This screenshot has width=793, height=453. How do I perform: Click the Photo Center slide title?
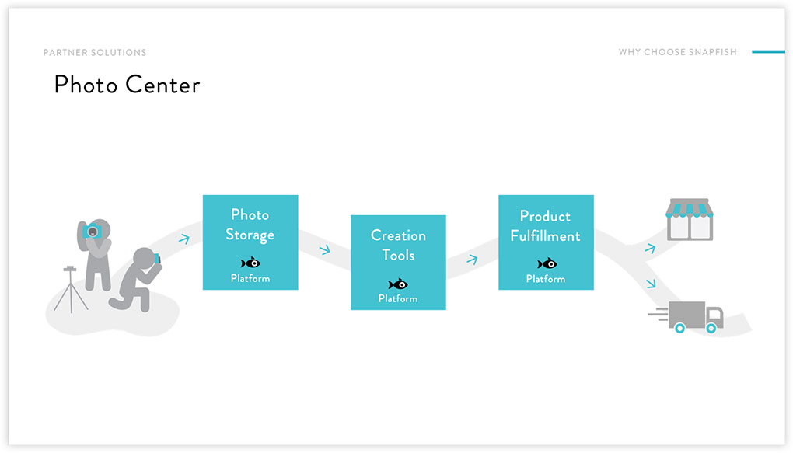[x=127, y=85]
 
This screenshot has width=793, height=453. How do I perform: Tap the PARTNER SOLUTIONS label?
[x=95, y=53]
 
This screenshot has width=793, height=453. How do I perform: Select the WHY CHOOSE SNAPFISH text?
[x=678, y=52]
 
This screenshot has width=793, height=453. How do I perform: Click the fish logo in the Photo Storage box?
[x=250, y=263]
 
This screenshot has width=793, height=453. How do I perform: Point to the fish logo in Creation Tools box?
[x=398, y=284]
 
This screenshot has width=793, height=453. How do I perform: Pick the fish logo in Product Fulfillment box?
[x=547, y=263]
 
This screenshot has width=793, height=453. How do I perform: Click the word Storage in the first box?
[x=250, y=235]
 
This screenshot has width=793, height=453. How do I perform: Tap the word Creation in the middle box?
[x=398, y=235]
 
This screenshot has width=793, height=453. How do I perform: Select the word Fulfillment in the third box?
[x=545, y=235]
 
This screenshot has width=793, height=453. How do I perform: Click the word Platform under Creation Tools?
[x=398, y=299]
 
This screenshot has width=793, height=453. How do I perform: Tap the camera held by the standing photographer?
[x=92, y=231]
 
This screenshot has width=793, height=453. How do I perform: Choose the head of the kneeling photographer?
[x=144, y=258]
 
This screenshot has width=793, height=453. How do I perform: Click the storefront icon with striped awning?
[x=690, y=219]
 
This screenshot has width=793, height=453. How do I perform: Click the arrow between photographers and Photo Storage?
[x=184, y=238]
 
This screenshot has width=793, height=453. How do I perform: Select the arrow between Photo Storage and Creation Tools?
[x=325, y=249]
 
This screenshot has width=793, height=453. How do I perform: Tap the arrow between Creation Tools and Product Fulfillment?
[x=472, y=260]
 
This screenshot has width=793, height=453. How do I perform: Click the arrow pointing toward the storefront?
[x=650, y=248]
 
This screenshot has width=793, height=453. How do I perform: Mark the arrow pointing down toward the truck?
[x=651, y=283]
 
